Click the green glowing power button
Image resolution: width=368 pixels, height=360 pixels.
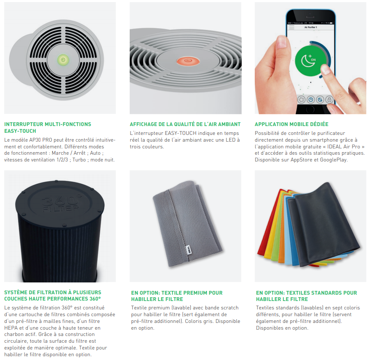[x=63, y=60]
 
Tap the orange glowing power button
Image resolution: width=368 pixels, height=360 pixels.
[x=188, y=61]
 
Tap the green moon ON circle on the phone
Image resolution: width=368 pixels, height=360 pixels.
[x=310, y=61]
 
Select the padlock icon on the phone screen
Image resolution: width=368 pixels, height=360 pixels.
[x=329, y=99]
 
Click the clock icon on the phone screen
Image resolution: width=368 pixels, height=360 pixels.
[x=311, y=99]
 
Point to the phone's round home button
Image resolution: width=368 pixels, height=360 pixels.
[x=310, y=110]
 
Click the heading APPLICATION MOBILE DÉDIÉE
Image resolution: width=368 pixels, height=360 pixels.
[x=291, y=124]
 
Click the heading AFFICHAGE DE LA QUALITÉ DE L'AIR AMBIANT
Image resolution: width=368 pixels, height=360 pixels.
[x=185, y=124]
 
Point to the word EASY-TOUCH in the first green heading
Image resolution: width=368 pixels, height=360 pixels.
[x=20, y=131]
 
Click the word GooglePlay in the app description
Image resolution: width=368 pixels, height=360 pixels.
[x=333, y=160]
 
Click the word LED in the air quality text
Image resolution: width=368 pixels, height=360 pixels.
[x=230, y=140]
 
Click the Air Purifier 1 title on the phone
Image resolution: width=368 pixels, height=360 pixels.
[x=310, y=27]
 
